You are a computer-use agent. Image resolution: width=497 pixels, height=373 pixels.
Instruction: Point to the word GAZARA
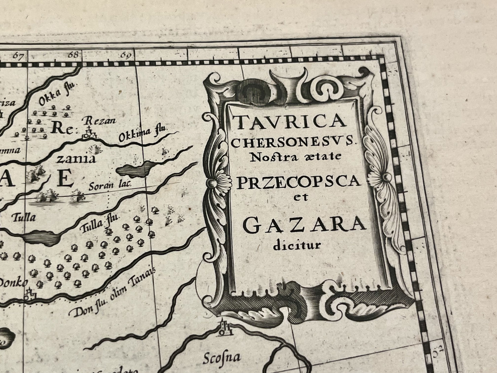pos(304,225)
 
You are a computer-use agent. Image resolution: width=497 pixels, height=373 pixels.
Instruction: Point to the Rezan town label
pos(100,121)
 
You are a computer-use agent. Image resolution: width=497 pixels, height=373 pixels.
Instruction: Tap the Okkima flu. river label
pos(142,134)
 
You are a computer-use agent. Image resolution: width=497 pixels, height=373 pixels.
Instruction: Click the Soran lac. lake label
pos(110,186)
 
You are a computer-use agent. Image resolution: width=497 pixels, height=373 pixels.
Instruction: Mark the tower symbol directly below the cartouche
pos(224,327)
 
